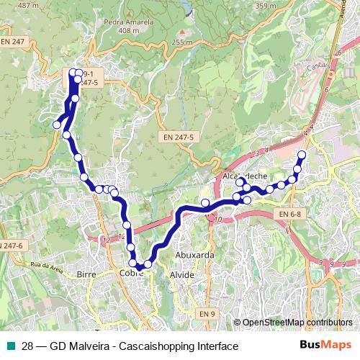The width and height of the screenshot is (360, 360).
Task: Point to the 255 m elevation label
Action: (x=183, y=42)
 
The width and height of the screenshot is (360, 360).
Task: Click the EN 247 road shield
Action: (x=13, y=42)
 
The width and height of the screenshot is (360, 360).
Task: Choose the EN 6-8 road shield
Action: (x=290, y=215)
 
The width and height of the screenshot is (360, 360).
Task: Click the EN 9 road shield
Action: (x=207, y=314)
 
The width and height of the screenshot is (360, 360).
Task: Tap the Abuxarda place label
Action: (x=194, y=255)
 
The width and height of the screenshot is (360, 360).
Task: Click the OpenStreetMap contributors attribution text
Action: (x=296, y=323)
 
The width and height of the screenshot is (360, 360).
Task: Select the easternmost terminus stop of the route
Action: (x=302, y=155)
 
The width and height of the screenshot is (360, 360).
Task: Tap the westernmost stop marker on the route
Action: (x=56, y=125)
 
